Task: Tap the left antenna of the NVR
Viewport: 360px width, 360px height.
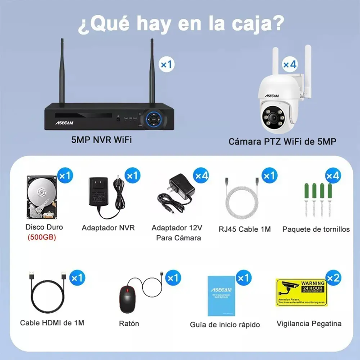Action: click(62, 72)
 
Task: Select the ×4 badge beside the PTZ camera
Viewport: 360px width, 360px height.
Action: click(290, 64)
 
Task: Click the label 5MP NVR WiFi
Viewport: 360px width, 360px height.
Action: click(101, 140)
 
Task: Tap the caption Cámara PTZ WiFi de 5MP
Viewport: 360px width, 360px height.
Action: click(282, 142)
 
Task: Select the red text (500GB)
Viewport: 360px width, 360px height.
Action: click(42, 237)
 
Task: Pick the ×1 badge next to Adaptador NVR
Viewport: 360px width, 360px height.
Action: click(132, 175)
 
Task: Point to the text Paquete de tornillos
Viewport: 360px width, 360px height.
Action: click(316, 229)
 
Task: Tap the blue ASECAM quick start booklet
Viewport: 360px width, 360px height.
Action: click(220, 296)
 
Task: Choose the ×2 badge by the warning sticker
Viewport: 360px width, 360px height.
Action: click(333, 278)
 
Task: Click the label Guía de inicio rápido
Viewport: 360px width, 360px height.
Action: click(225, 324)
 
